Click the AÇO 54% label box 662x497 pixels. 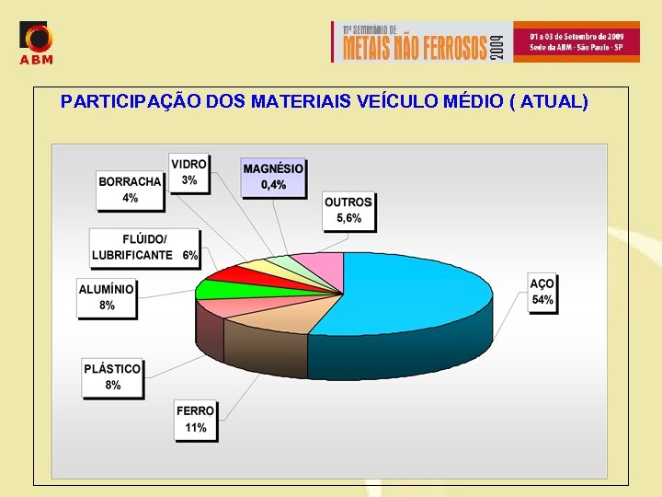(542, 293)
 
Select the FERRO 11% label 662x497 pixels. (196, 420)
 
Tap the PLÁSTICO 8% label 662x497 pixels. (113, 376)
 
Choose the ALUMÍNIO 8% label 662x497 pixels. (107, 296)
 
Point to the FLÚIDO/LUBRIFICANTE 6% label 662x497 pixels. (145, 247)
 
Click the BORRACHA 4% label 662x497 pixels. (130, 190)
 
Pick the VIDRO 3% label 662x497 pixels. (189, 172)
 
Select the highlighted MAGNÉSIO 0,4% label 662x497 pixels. (273, 177)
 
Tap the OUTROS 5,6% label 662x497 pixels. (348, 211)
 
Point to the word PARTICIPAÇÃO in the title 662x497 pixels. (131, 101)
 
